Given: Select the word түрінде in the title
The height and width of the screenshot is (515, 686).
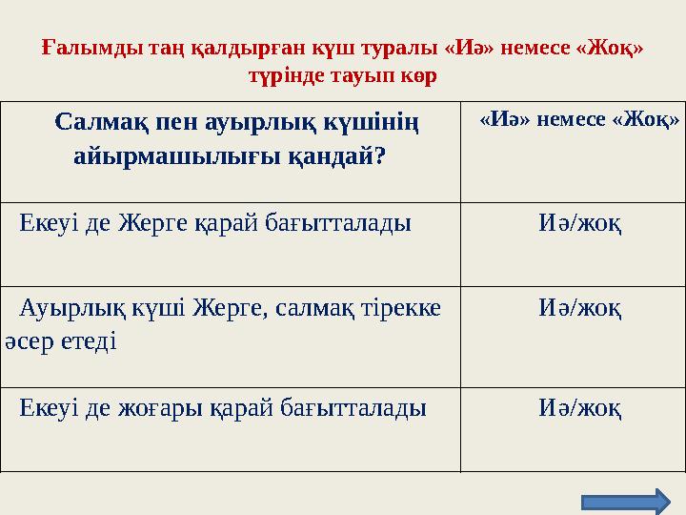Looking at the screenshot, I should pos(283,75).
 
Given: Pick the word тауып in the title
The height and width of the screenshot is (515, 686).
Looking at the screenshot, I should pos(358,75).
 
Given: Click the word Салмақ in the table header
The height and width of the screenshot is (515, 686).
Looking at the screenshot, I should pos(99,122).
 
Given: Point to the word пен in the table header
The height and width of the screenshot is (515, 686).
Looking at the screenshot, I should pos(172,122).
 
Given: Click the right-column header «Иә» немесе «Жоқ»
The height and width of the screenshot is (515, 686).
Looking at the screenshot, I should pos(579,119).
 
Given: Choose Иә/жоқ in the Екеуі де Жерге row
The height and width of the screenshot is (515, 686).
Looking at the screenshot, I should pos(580,224).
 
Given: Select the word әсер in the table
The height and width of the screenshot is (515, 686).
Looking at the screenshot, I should pos(29,340).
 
